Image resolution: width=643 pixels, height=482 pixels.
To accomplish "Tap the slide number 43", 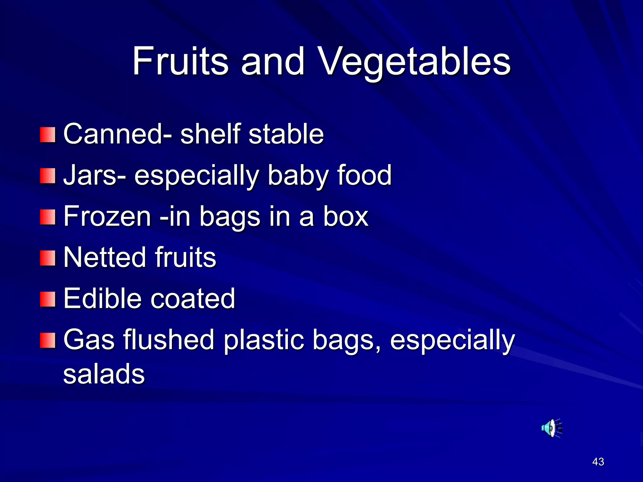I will tap(598, 462).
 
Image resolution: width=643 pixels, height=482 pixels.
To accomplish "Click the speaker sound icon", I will tap(551, 428).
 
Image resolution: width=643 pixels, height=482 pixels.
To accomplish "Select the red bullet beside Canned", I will tap(48, 135).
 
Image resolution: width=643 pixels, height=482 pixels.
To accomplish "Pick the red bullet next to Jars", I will tap(48, 176).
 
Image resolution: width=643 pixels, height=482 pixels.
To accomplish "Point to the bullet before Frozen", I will tap(48, 217).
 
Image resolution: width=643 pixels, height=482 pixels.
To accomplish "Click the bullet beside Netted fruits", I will tap(48, 258).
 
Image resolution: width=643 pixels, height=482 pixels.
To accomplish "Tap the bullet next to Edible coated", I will tap(48, 299).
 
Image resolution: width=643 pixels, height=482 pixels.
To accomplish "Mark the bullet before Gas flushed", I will tap(48, 340).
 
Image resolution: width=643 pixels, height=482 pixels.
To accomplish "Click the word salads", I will tap(104, 374).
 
